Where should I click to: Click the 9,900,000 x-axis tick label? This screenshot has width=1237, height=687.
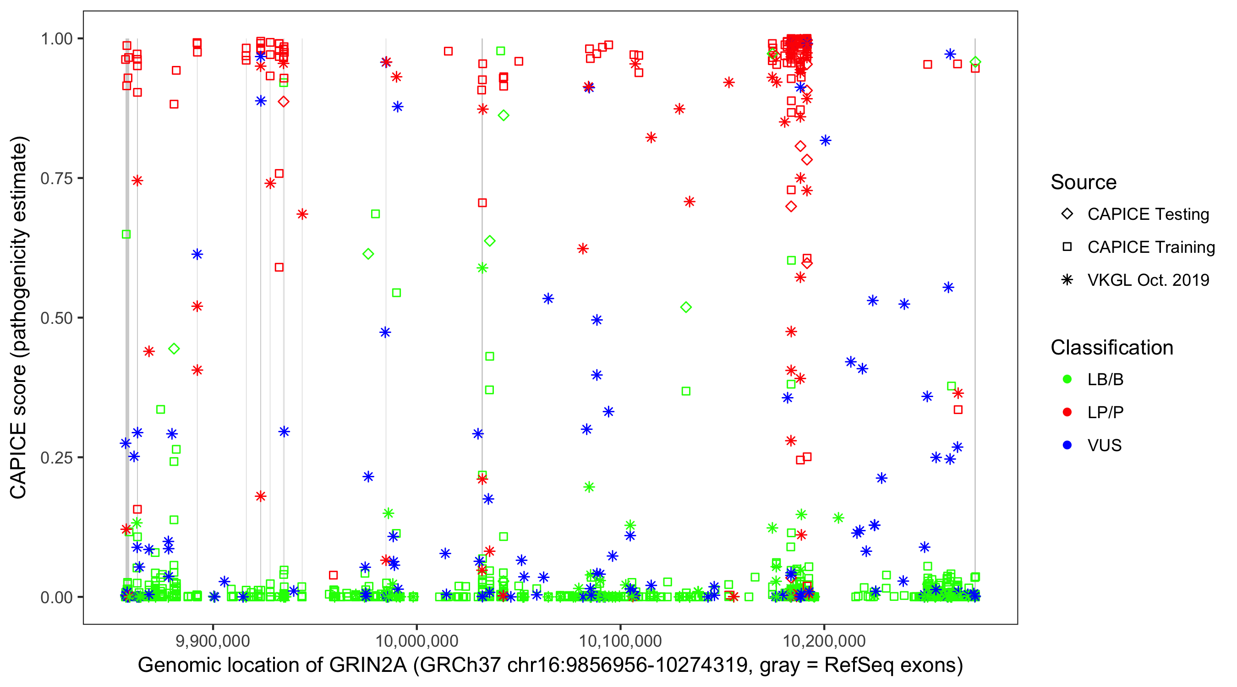[x=213, y=641]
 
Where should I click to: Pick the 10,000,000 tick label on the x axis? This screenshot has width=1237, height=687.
[x=416, y=641]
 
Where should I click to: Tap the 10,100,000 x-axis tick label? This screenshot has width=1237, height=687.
[x=620, y=641]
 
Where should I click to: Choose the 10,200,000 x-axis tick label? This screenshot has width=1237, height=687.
[x=825, y=641]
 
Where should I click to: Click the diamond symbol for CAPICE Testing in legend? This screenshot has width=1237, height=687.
[x=1067, y=214]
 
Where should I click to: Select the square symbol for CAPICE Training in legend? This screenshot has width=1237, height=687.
[x=1067, y=247]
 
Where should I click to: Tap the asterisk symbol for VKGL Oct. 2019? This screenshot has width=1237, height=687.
[x=1067, y=280]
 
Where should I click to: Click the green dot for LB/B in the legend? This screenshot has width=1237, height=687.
[x=1067, y=379]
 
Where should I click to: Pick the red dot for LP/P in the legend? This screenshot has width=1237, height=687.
[x=1067, y=412]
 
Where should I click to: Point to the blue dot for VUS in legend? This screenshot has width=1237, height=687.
[x=1067, y=445]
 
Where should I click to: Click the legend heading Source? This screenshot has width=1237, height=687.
[x=1084, y=182]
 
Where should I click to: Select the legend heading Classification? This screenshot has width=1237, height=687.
[x=1111, y=348]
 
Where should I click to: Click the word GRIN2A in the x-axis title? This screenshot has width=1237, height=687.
[x=367, y=665]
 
